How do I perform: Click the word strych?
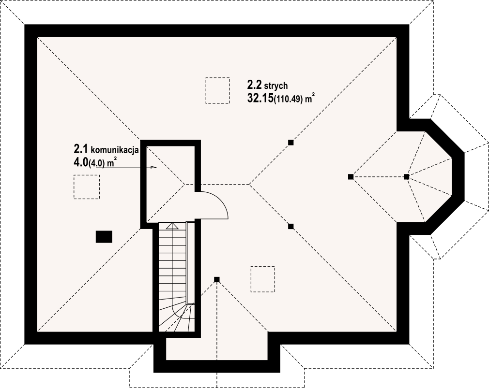[275, 85]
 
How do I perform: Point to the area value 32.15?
[260, 98]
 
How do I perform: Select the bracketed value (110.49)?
[288, 100]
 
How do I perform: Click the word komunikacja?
[114, 150]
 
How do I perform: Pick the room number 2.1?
[81, 149]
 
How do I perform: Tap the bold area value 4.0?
[81, 163]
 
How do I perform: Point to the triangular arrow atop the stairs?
[171, 226]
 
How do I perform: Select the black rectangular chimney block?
[104, 236]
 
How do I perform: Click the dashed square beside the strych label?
[218, 90]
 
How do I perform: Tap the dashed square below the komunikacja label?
[87, 187]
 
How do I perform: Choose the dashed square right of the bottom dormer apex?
[263, 279]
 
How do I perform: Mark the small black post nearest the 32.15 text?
[291, 143]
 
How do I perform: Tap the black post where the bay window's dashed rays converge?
[406, 177]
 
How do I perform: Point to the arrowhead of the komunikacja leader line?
[153, 167]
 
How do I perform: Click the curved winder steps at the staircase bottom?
[177, 316]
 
